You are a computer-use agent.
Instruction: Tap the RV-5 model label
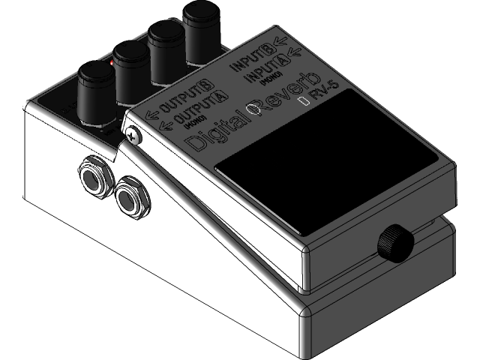[324, 92]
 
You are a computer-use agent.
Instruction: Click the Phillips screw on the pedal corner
[133, 135]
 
